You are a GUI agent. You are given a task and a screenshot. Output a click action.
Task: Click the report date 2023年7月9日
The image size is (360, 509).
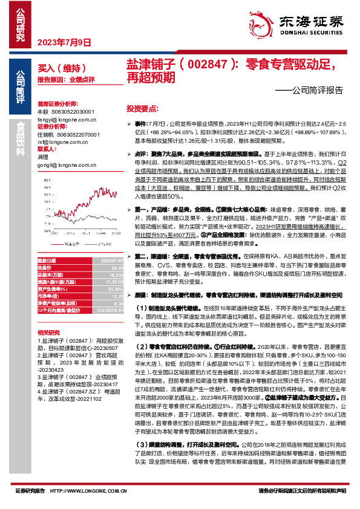(x=64, y=42)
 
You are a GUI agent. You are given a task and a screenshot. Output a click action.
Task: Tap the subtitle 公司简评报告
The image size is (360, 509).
(x=314, y=91)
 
